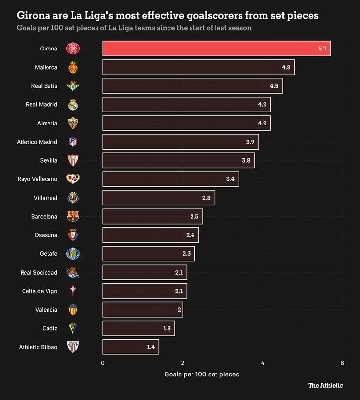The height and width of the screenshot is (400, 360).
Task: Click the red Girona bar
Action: [216, 49]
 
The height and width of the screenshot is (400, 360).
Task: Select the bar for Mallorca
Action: [198, 67]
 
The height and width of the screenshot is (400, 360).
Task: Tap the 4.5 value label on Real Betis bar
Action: [274, 86]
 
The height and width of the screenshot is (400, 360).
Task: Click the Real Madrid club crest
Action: [72, 104]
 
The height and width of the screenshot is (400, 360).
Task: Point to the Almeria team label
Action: [47, 123]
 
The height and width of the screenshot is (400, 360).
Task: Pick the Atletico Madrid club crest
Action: [72, 142]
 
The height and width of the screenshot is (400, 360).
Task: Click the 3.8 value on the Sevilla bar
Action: [246, 160]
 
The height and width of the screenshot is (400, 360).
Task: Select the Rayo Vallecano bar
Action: [170, 179]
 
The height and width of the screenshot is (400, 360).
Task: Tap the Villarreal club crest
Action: [72, 198]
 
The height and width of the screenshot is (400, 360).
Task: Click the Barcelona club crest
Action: [72, 217]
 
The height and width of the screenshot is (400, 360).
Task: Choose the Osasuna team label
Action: [46, 235]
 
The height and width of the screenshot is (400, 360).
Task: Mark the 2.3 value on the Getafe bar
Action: [186, 254]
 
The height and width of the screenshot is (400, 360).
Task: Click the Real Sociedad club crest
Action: [72, 273]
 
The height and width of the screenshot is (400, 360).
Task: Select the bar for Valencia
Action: [142, 310]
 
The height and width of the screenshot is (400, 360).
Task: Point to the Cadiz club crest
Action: [72, 328]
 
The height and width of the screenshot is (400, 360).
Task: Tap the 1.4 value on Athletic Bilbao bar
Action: [151, 347]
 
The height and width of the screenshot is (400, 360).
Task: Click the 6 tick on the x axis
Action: [342, 363]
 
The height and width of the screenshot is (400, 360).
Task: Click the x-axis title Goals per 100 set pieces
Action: [202, 375]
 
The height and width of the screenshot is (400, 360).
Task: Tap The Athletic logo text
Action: [325, 385]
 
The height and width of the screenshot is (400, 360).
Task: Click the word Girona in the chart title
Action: [34, 15]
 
